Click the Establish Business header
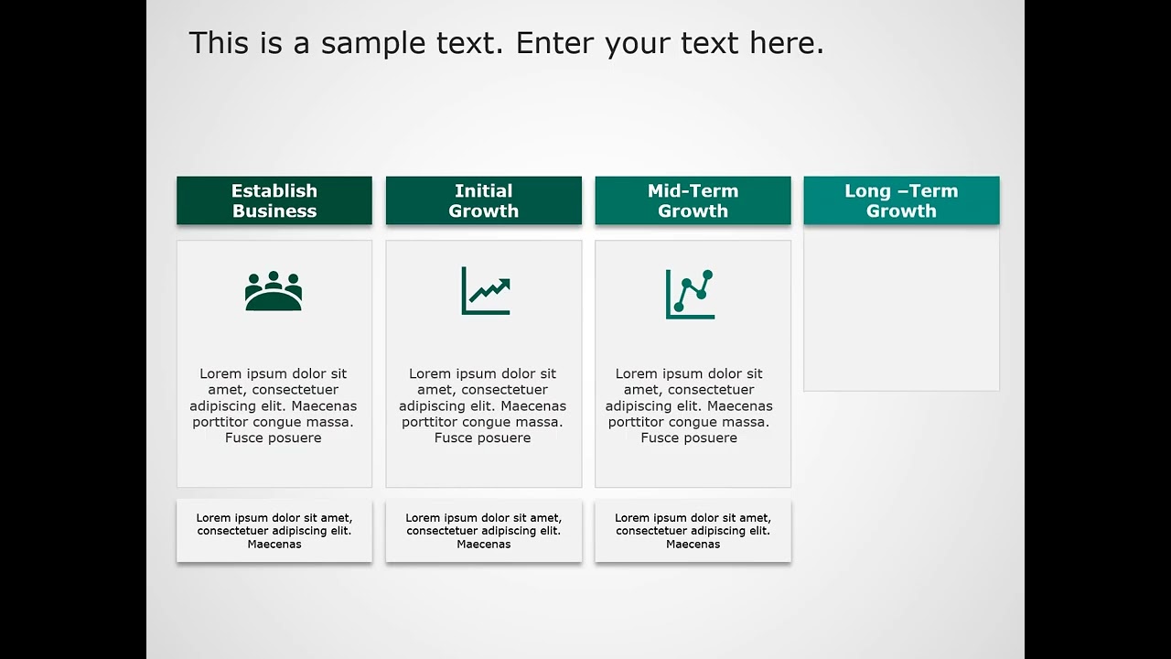coord(274,200)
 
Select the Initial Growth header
coord(483,200)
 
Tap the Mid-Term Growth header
coord(693,200)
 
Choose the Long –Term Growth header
coord(901,200)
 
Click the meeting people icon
coord(274,291)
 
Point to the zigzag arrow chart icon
coord(485,291)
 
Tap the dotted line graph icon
coord(690,294)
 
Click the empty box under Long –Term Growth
coord(901,309)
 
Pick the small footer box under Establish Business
coord(274,531)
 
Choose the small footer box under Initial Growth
coord(483,531)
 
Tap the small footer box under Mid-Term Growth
coord(693,531)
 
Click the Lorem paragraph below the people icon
coord(274,405)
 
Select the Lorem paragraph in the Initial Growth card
coord(483,405)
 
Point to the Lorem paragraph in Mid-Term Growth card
coord(689,405)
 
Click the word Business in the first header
coord(274,211)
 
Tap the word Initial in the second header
coord(483,190)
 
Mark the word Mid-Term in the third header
coord(693,190)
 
